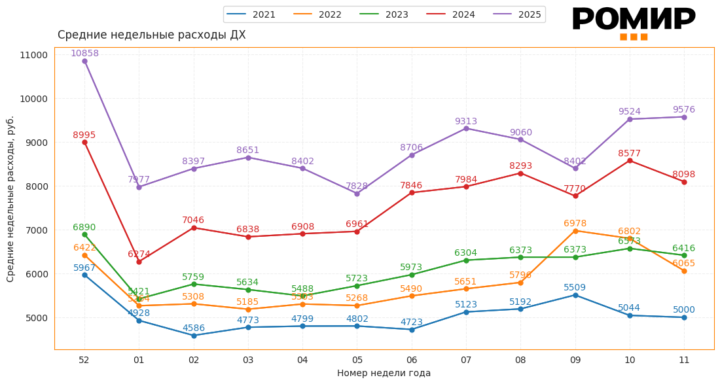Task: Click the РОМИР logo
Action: click(633, 23)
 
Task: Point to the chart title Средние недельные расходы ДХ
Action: click(152, 35)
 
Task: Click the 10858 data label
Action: click(84, 54)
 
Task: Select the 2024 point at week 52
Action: click(84, 143)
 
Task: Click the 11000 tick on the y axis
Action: click(33, 55)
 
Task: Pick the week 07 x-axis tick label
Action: click(466, 360)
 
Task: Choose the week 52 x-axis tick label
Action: click(84, 360)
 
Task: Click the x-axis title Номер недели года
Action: click(384, 374)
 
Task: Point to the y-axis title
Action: click(10, 199)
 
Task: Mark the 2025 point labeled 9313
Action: click(466, 128)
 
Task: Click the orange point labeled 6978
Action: click(575, 231)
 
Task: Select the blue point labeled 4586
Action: click(194, 336)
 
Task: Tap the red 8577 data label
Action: click(629, 154)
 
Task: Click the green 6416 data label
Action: click(683, 249)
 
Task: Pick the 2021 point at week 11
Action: click(684, 317)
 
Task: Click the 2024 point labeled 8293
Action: click(520, 173)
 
